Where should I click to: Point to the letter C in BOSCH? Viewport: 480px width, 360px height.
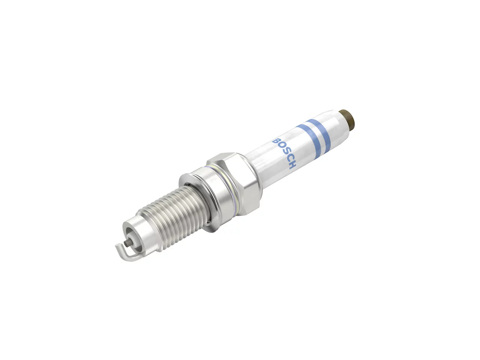288,158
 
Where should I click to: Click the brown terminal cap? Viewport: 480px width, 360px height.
346,119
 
